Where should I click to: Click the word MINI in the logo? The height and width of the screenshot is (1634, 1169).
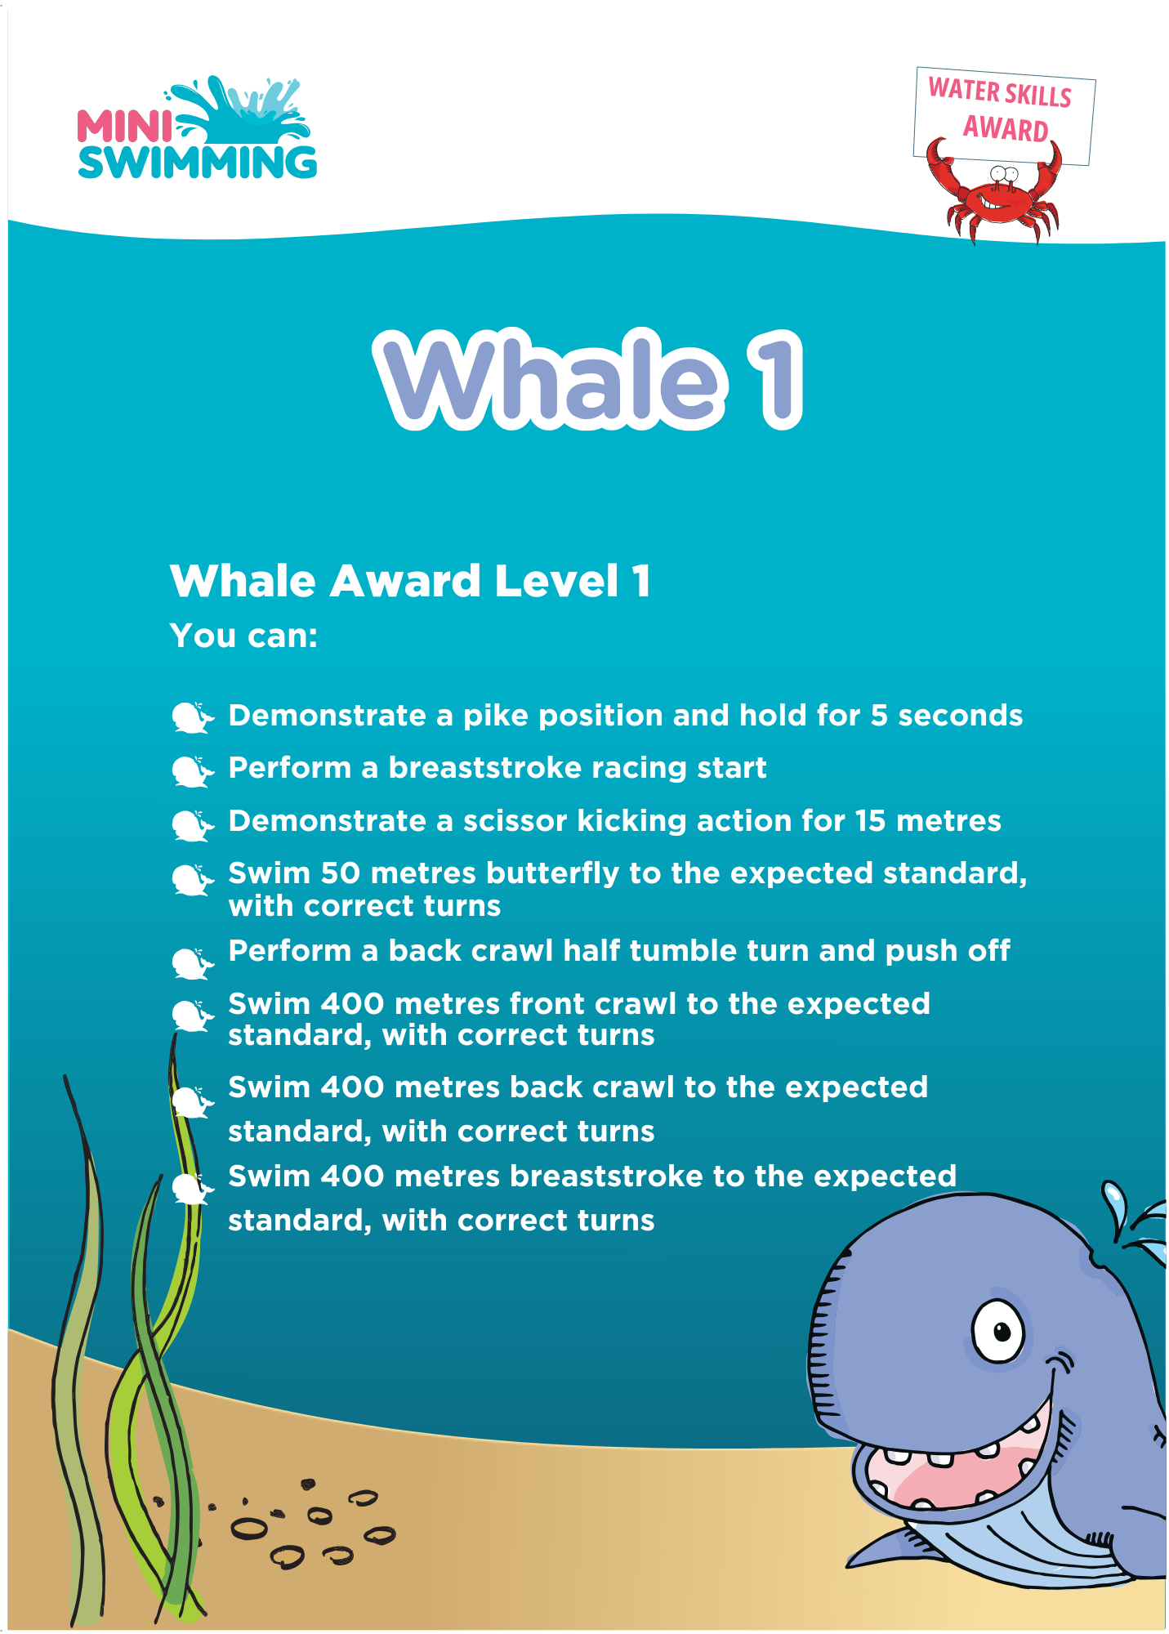click(124, 126)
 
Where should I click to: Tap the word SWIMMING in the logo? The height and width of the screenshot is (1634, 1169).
click(197, 162)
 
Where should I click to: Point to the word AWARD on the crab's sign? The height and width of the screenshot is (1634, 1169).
click(1005, 128)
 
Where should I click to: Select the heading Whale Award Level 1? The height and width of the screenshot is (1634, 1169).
click(410, 581)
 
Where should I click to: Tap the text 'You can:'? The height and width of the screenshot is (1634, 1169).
click(243, 636)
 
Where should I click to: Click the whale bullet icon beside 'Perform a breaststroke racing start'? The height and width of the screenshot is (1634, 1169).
click(193, 770)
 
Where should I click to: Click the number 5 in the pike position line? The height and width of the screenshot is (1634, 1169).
click(879, 716)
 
